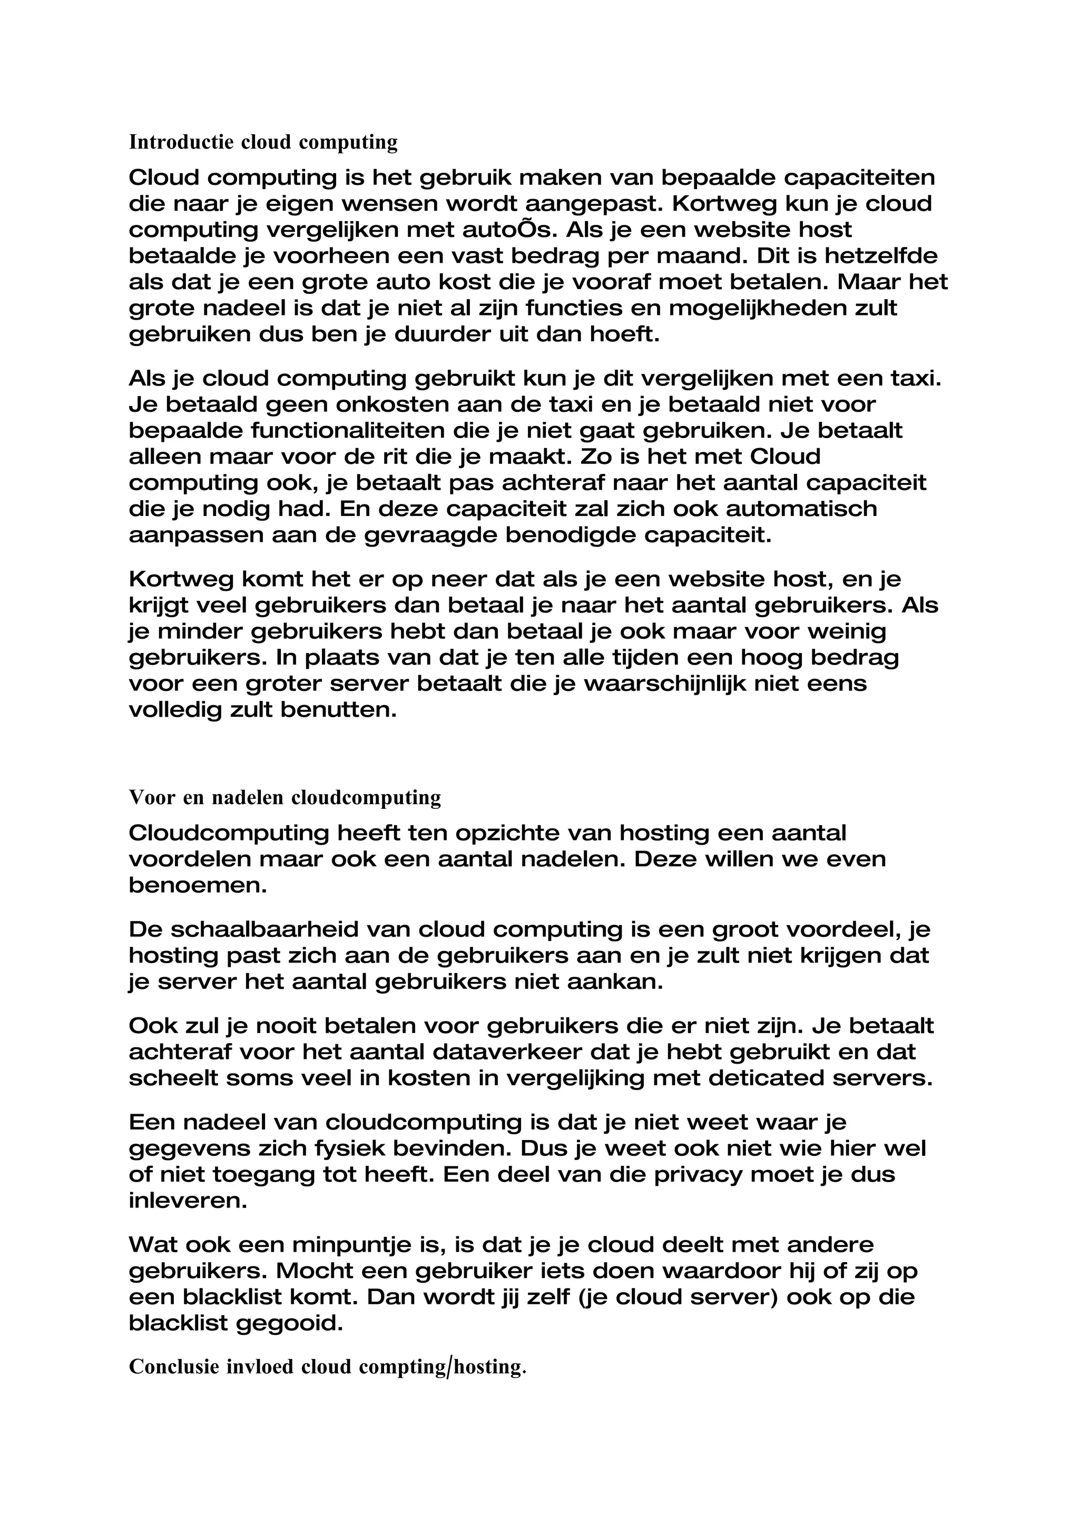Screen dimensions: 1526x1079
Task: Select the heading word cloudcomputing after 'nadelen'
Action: point(366,798)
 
